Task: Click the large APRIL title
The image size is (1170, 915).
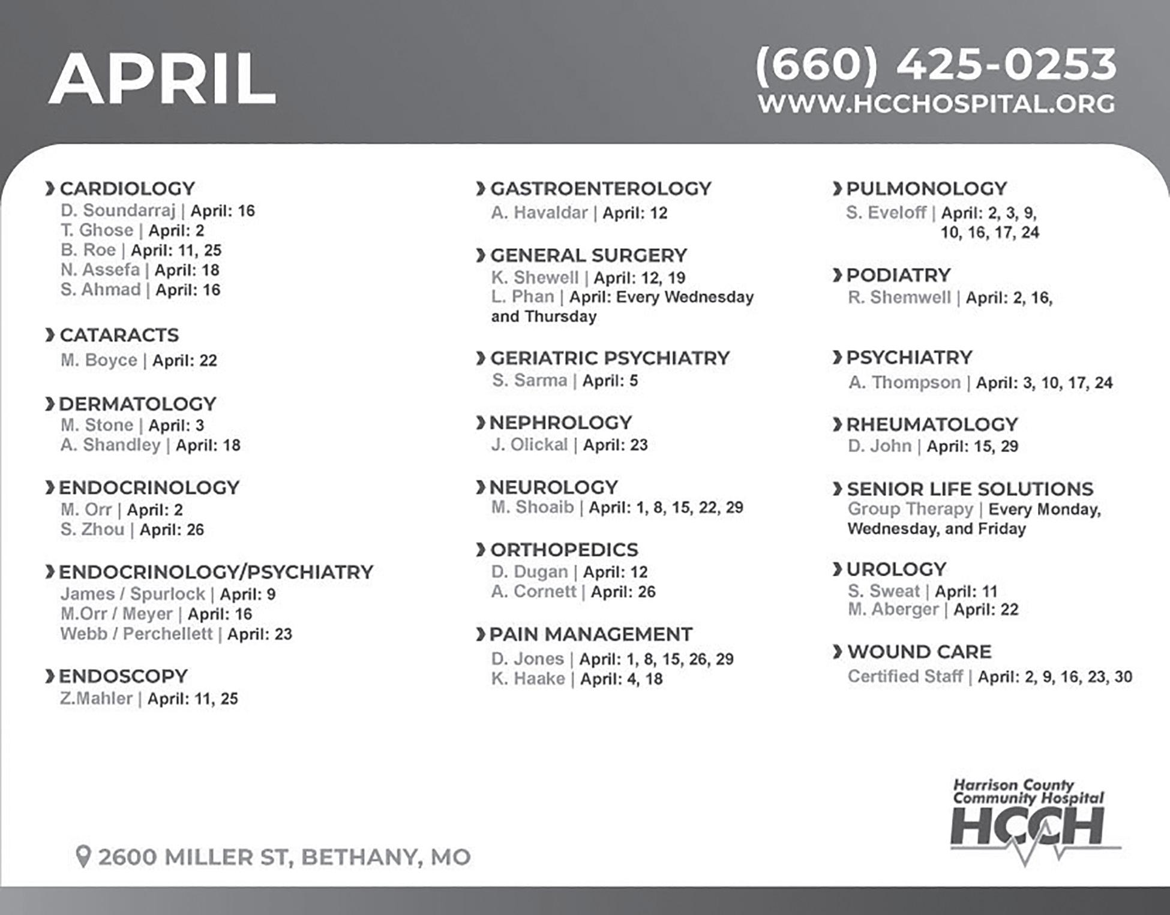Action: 162,80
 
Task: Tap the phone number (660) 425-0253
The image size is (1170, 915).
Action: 935,64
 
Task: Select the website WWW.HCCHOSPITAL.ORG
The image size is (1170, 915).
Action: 936,104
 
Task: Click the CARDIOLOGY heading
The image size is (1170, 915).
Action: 127,189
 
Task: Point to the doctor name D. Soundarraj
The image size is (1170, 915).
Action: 118,210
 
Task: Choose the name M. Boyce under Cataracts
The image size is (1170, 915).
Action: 99,360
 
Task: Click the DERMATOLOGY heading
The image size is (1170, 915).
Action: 137,404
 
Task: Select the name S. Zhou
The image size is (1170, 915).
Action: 92,529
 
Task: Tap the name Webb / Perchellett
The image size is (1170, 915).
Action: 136,634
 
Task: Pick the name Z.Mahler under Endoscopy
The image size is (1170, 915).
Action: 96,699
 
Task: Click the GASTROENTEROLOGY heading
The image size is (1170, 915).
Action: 601,189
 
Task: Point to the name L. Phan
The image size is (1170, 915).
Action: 523,297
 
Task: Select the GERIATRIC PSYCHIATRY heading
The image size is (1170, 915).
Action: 610,358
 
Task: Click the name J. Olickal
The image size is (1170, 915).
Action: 529,445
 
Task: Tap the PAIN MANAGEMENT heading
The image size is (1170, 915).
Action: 591,634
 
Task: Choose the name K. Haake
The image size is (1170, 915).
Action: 528,679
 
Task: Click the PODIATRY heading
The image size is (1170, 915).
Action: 898,275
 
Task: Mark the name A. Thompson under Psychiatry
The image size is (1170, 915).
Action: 904,383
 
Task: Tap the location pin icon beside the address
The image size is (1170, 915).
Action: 83,856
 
